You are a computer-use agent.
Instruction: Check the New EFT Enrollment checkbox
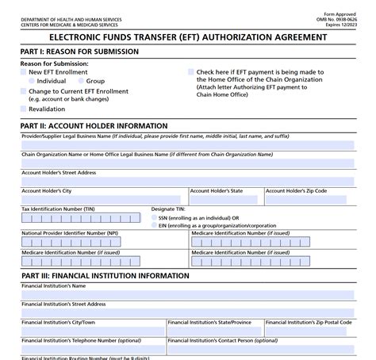24,71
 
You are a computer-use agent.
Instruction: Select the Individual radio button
32,81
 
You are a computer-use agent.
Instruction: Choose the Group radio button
81,81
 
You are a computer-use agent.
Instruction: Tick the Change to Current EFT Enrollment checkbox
24,91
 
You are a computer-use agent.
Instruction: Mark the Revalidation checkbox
24,109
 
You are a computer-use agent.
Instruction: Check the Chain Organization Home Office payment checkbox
190,71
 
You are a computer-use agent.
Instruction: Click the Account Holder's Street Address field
187,182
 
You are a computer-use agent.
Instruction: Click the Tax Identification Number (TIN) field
82,220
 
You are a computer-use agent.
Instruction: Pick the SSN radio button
153,217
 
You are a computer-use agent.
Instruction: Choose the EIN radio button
153,225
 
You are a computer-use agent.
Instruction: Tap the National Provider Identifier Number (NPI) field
103,243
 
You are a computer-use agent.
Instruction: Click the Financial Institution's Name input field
187,293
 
